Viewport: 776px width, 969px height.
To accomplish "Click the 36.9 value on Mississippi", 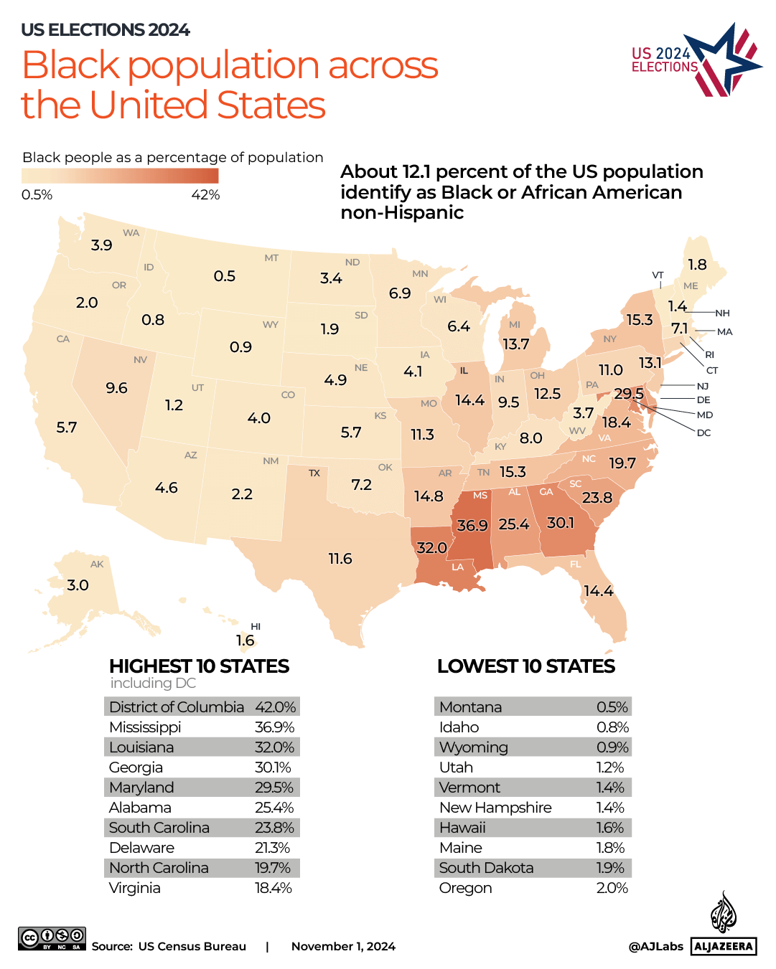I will point(472,526).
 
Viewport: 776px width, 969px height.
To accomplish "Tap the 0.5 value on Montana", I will point(225,276).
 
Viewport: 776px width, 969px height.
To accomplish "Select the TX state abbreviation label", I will point(314,473).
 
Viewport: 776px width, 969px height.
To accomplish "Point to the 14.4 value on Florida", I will point(598,591).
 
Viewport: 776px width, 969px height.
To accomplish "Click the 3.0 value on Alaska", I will point(78,585).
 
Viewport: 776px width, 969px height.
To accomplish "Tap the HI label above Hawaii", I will point(256,627).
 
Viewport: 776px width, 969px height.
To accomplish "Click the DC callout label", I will point(703,433).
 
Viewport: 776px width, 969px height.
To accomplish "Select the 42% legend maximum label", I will point(205,195).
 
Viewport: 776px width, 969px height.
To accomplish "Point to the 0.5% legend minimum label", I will point(37,195).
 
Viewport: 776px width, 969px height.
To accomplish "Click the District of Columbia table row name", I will point(177,707).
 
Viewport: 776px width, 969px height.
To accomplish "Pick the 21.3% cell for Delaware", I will point(273,848).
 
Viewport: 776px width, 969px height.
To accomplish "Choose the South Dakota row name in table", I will point(486,868).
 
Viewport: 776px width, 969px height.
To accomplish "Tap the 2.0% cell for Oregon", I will point(612,888).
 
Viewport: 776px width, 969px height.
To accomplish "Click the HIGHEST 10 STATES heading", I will point(199,666).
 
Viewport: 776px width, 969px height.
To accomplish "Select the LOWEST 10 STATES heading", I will point(525,666).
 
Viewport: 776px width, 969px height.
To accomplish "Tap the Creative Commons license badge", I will point(52,938).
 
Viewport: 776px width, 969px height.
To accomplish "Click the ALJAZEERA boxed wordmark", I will point(724,946).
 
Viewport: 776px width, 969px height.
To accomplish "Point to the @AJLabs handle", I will point(655,947).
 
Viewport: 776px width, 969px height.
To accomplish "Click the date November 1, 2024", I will point(343,947).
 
